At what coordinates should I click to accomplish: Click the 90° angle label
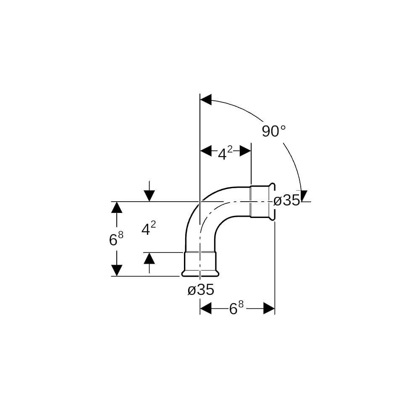pos(273,131)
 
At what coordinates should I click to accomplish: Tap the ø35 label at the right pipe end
pos(286,200)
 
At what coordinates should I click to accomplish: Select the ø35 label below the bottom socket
pos(201,289)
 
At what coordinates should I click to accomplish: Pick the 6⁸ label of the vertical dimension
pos(116,239)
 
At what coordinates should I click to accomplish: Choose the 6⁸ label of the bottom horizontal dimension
pos(236,308)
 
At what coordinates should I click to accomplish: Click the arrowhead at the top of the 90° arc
pos(206,100)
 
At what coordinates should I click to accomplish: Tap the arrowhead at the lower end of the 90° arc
pos(304,196)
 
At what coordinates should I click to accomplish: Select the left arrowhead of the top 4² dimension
pos(206,151)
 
